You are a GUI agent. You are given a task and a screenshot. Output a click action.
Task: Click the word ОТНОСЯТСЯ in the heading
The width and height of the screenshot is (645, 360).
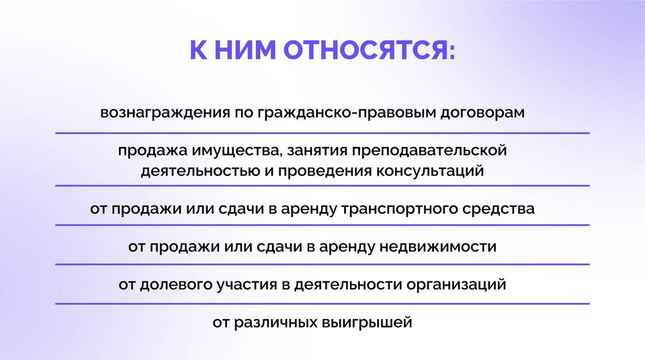[369, 50]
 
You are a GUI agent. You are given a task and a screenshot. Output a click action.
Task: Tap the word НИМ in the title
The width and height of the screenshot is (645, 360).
[245, 50]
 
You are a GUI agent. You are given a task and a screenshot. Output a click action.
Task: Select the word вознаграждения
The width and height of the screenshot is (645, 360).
[165, 113]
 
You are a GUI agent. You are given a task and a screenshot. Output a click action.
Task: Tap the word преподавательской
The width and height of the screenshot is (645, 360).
[429, 150]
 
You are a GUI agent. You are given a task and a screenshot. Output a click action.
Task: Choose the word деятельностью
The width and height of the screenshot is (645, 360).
[200, 171]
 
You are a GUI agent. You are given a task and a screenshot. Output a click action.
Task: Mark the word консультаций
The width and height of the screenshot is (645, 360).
[430, 171]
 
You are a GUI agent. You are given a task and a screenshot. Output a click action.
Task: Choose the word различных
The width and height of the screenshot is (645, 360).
[275, 322]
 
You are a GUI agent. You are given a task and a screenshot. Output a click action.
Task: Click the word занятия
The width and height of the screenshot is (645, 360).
[316, 150]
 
